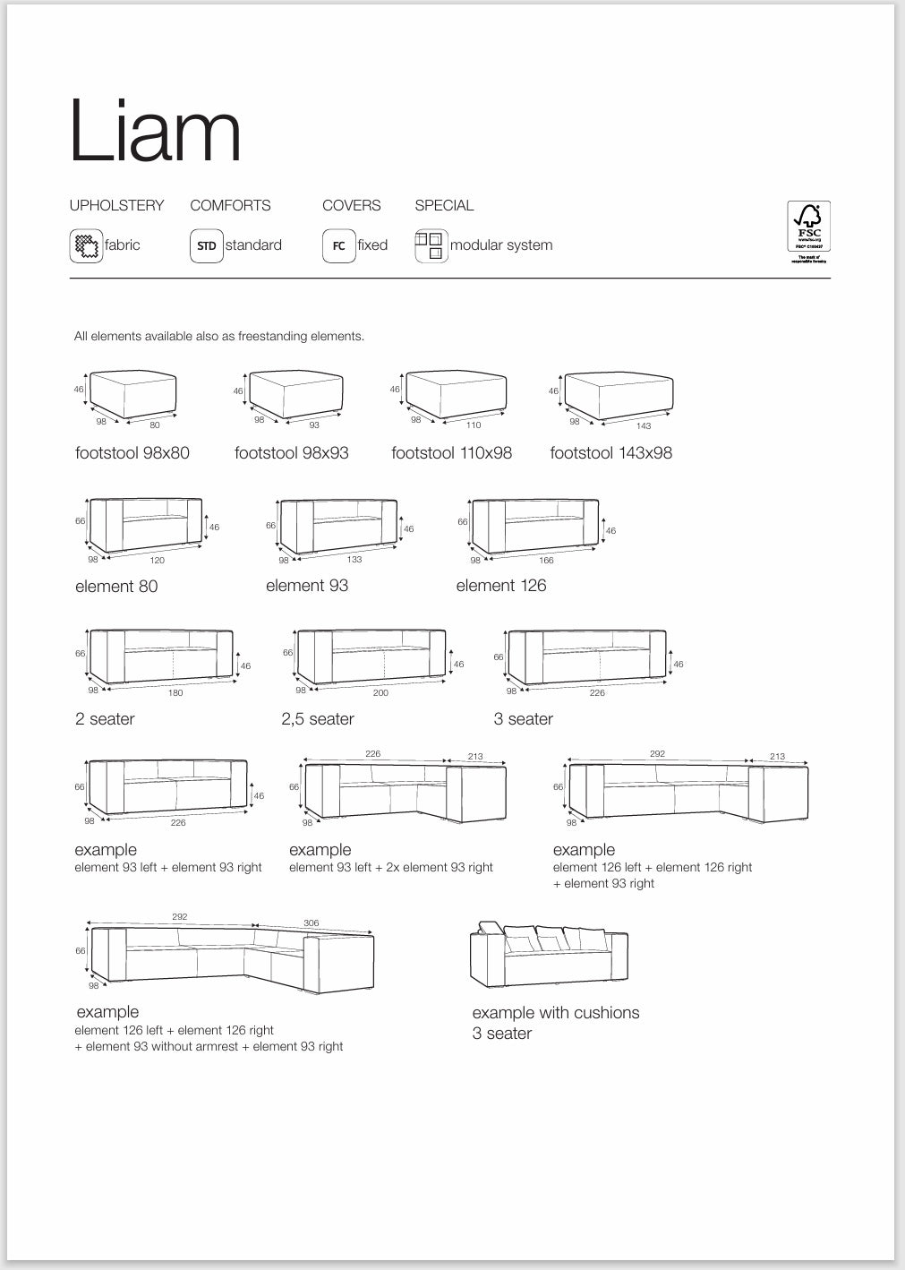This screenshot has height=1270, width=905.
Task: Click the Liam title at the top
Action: point(155,132)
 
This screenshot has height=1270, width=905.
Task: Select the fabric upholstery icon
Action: point(86,245)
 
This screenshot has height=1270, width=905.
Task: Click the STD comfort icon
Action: point(207,246)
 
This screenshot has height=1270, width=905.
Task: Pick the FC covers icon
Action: point(339,246)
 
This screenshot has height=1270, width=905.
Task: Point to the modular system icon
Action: point(431,245)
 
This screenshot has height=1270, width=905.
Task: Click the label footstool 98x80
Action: point(132,453)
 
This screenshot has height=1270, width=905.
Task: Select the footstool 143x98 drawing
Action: point(619,396)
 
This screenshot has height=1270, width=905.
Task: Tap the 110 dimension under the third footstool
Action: point(474,425)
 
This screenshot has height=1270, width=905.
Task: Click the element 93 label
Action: point(307,586)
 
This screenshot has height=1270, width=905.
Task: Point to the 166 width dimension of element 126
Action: point(546,561)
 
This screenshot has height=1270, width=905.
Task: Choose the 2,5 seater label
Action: point(318,719)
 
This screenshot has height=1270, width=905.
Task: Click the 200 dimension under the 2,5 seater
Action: point(380,693)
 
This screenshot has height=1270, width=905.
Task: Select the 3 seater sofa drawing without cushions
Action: point(587,657)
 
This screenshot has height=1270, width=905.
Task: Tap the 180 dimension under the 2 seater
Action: point(175,693)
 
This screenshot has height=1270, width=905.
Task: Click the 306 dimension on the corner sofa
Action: point(312,923)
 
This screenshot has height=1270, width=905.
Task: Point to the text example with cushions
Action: point(556,1013)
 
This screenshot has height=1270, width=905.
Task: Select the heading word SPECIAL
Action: point(444,205)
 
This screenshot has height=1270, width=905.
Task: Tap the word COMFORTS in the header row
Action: point(230,205)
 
